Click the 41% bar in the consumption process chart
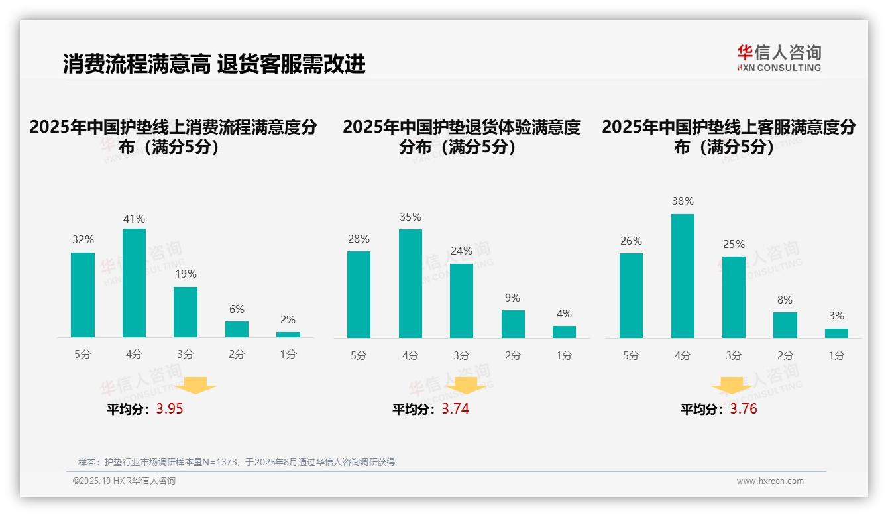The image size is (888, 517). [135, 283]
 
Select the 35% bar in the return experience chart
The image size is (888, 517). [410, 284]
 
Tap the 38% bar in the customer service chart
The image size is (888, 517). [683, 276]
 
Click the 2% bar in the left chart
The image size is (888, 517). [288, 335]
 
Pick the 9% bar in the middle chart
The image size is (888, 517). [513, 324]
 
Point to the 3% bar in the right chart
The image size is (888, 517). [836, 333]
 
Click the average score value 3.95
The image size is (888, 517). [170, 409]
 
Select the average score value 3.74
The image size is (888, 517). [455, 409]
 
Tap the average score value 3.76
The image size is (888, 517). [744, 409]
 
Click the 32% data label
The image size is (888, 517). [83, 240]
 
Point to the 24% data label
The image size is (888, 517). [461, 251]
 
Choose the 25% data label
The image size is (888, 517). [734, 244]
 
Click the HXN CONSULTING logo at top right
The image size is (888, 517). [779, 58]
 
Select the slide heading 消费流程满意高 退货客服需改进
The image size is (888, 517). [214, 64]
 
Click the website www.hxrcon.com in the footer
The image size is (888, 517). [770, 481]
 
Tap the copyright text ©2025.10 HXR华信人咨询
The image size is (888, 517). [124, 481]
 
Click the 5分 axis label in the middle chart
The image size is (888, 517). [359, 356]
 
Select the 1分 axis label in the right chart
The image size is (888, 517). [836, 356]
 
